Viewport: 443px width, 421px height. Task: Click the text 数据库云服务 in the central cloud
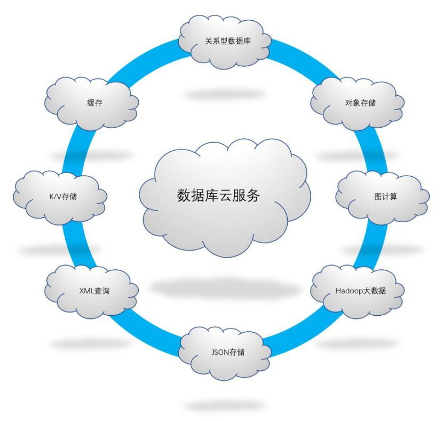click(218, 196)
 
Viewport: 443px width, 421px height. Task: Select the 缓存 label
click(94, 104)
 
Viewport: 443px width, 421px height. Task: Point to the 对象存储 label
click(360, 103)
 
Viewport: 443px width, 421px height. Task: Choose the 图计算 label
click(385, 197)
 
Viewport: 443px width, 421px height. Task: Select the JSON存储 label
click(227, 353)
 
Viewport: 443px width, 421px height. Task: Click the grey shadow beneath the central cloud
click(224, 289)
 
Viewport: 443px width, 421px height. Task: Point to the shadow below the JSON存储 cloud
click(224, 405)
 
